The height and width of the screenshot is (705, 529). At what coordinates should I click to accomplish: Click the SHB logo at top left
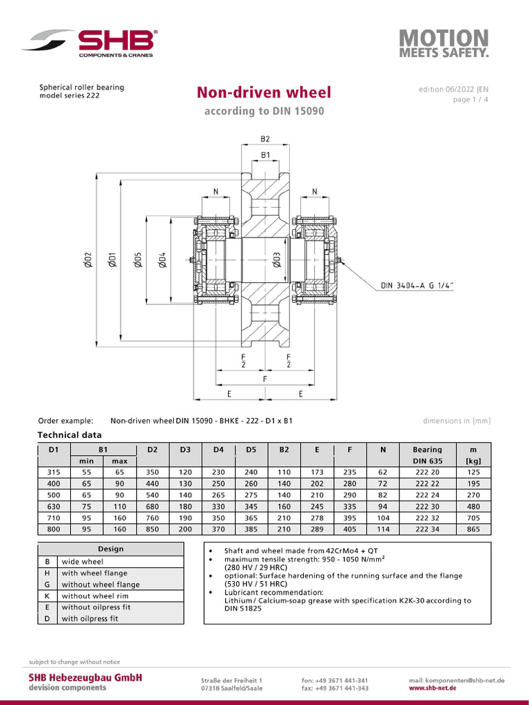click(x=90, y=43)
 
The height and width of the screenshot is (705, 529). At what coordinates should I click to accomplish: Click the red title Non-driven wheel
click(x=264, y=92)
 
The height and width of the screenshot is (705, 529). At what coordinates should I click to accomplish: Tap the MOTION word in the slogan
click(x=444, y=39)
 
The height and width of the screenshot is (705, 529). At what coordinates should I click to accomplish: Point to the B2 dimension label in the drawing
click(x=265, y=138)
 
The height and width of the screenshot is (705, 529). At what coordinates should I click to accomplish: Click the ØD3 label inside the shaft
click(x=277, y=260)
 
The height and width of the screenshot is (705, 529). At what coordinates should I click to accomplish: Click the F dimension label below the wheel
click(x=265, y=379)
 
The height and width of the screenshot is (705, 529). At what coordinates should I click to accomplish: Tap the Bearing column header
click(x=427, y=450)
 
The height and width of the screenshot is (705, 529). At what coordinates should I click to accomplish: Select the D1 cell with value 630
click(x=54, y=506)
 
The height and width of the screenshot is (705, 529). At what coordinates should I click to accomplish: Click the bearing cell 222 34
click(x=427, y=529)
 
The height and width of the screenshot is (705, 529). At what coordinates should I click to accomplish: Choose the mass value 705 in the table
click(x=472, y=518)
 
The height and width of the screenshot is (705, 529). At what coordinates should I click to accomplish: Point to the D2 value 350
click(x=152, y=472)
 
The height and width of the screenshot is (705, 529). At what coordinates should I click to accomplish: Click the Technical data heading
click(x=69, y=435)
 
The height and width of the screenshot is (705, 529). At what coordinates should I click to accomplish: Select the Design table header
click(x=111, y=549)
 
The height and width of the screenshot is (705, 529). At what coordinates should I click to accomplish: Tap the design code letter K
click(x=47, y=596)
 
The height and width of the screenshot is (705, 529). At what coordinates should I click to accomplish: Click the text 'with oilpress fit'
click(x=90, y=618)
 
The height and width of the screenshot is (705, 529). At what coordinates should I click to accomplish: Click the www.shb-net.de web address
click(x=433, y=688)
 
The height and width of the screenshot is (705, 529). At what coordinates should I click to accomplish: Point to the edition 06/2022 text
click(x=453, y=90)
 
